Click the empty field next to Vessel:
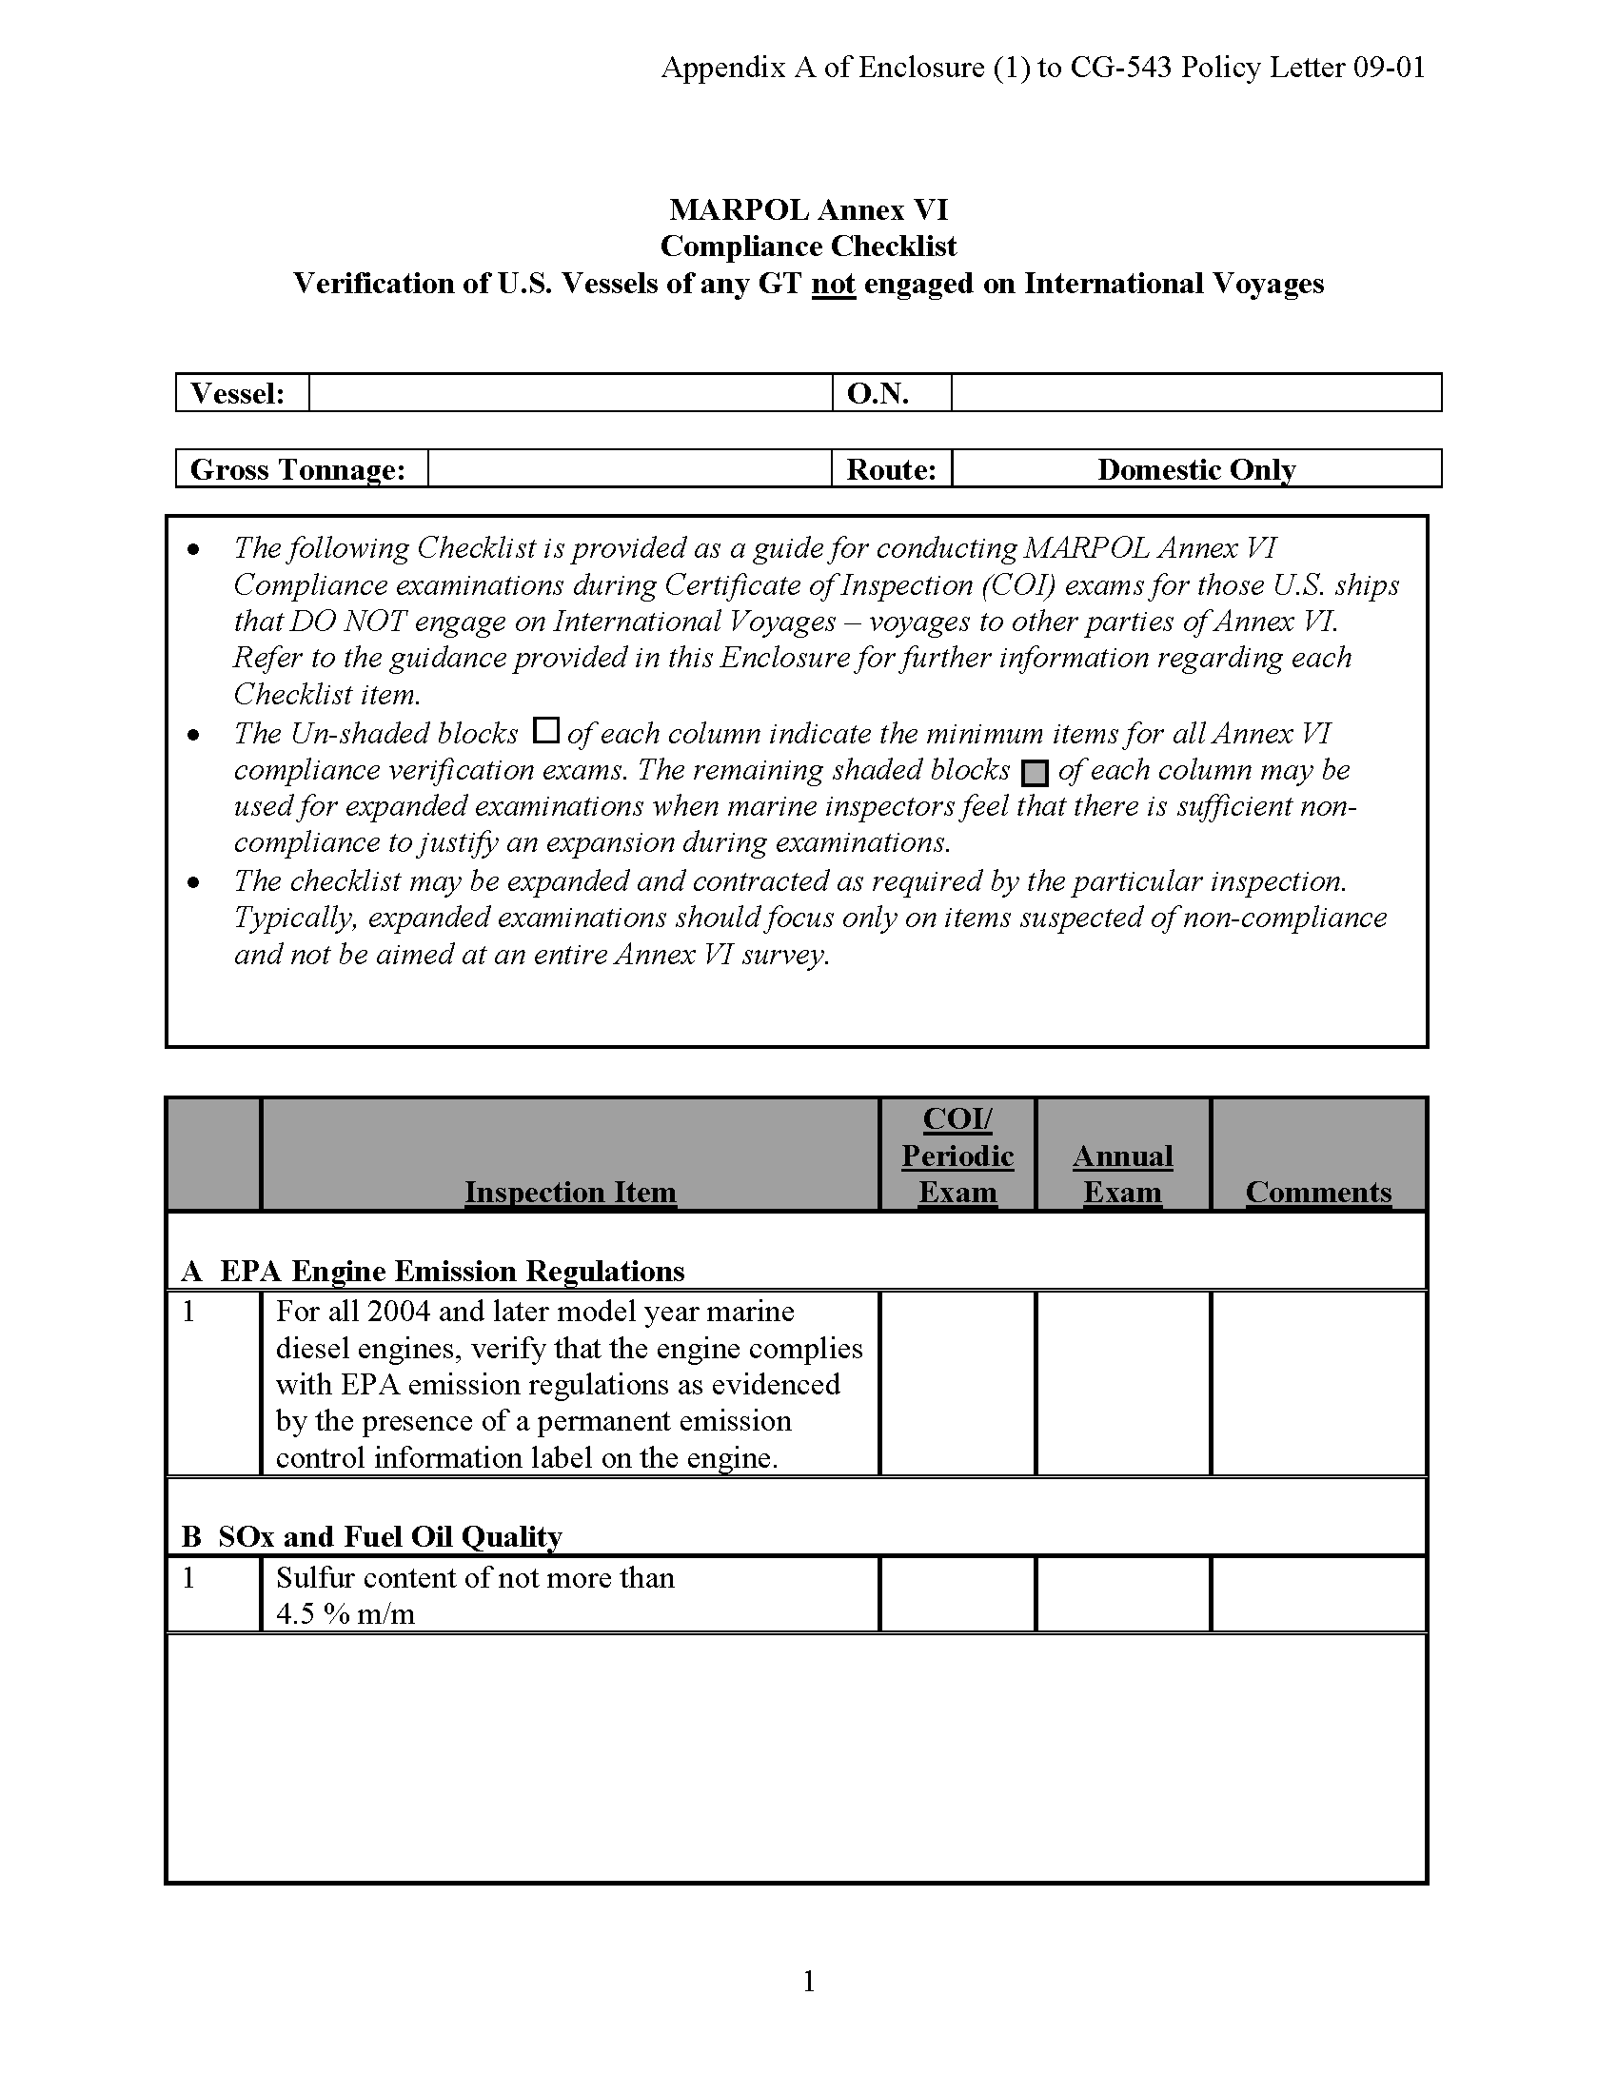coord(570,393)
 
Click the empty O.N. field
coord(1195,393)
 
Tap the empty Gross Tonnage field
coord(629,469)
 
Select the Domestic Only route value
coord(1195,469)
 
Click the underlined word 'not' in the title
coord(833,284)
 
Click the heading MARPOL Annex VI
coord(808,209)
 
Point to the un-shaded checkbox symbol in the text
coord(545,731)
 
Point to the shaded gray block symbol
coord(1036,773)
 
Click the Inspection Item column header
coord(570,1192)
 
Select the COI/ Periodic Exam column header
coord(957,1156)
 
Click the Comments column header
coord(1318,1192)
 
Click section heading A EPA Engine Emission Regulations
coord(433,1271)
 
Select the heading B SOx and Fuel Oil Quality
coord(372,1536)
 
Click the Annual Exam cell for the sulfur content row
coord(1122,1594)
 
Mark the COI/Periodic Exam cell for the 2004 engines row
coord(957,1383)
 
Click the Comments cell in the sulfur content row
coord(1318,1594)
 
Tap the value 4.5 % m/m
coord(345,1613)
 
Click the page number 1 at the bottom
coord(808,1980)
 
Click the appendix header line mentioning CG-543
coord(1043,68)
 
